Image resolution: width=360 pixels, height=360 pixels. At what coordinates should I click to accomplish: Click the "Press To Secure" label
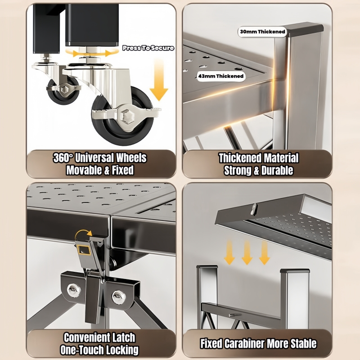tap(148, 48)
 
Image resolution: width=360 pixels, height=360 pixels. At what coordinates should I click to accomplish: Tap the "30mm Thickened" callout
tap(262, 31)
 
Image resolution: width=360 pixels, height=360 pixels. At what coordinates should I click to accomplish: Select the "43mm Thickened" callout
tap(221, 76)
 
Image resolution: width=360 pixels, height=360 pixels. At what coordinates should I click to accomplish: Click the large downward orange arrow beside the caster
tap(159, 80)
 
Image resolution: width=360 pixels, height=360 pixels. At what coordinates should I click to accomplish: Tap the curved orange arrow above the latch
tap(83, 234)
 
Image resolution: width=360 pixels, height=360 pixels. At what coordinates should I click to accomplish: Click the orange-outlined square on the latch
tap(84, 249)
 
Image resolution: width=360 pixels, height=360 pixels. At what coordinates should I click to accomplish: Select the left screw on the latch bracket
tap(74, 290)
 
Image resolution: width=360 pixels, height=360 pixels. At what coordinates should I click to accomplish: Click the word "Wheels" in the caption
tap(131, 158)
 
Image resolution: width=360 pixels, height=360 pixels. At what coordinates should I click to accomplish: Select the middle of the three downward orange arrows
tap(247, 252)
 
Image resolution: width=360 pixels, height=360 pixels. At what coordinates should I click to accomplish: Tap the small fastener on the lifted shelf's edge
tap(254, 208)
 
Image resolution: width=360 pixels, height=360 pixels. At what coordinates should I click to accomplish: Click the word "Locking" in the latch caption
tap(123, 350)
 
